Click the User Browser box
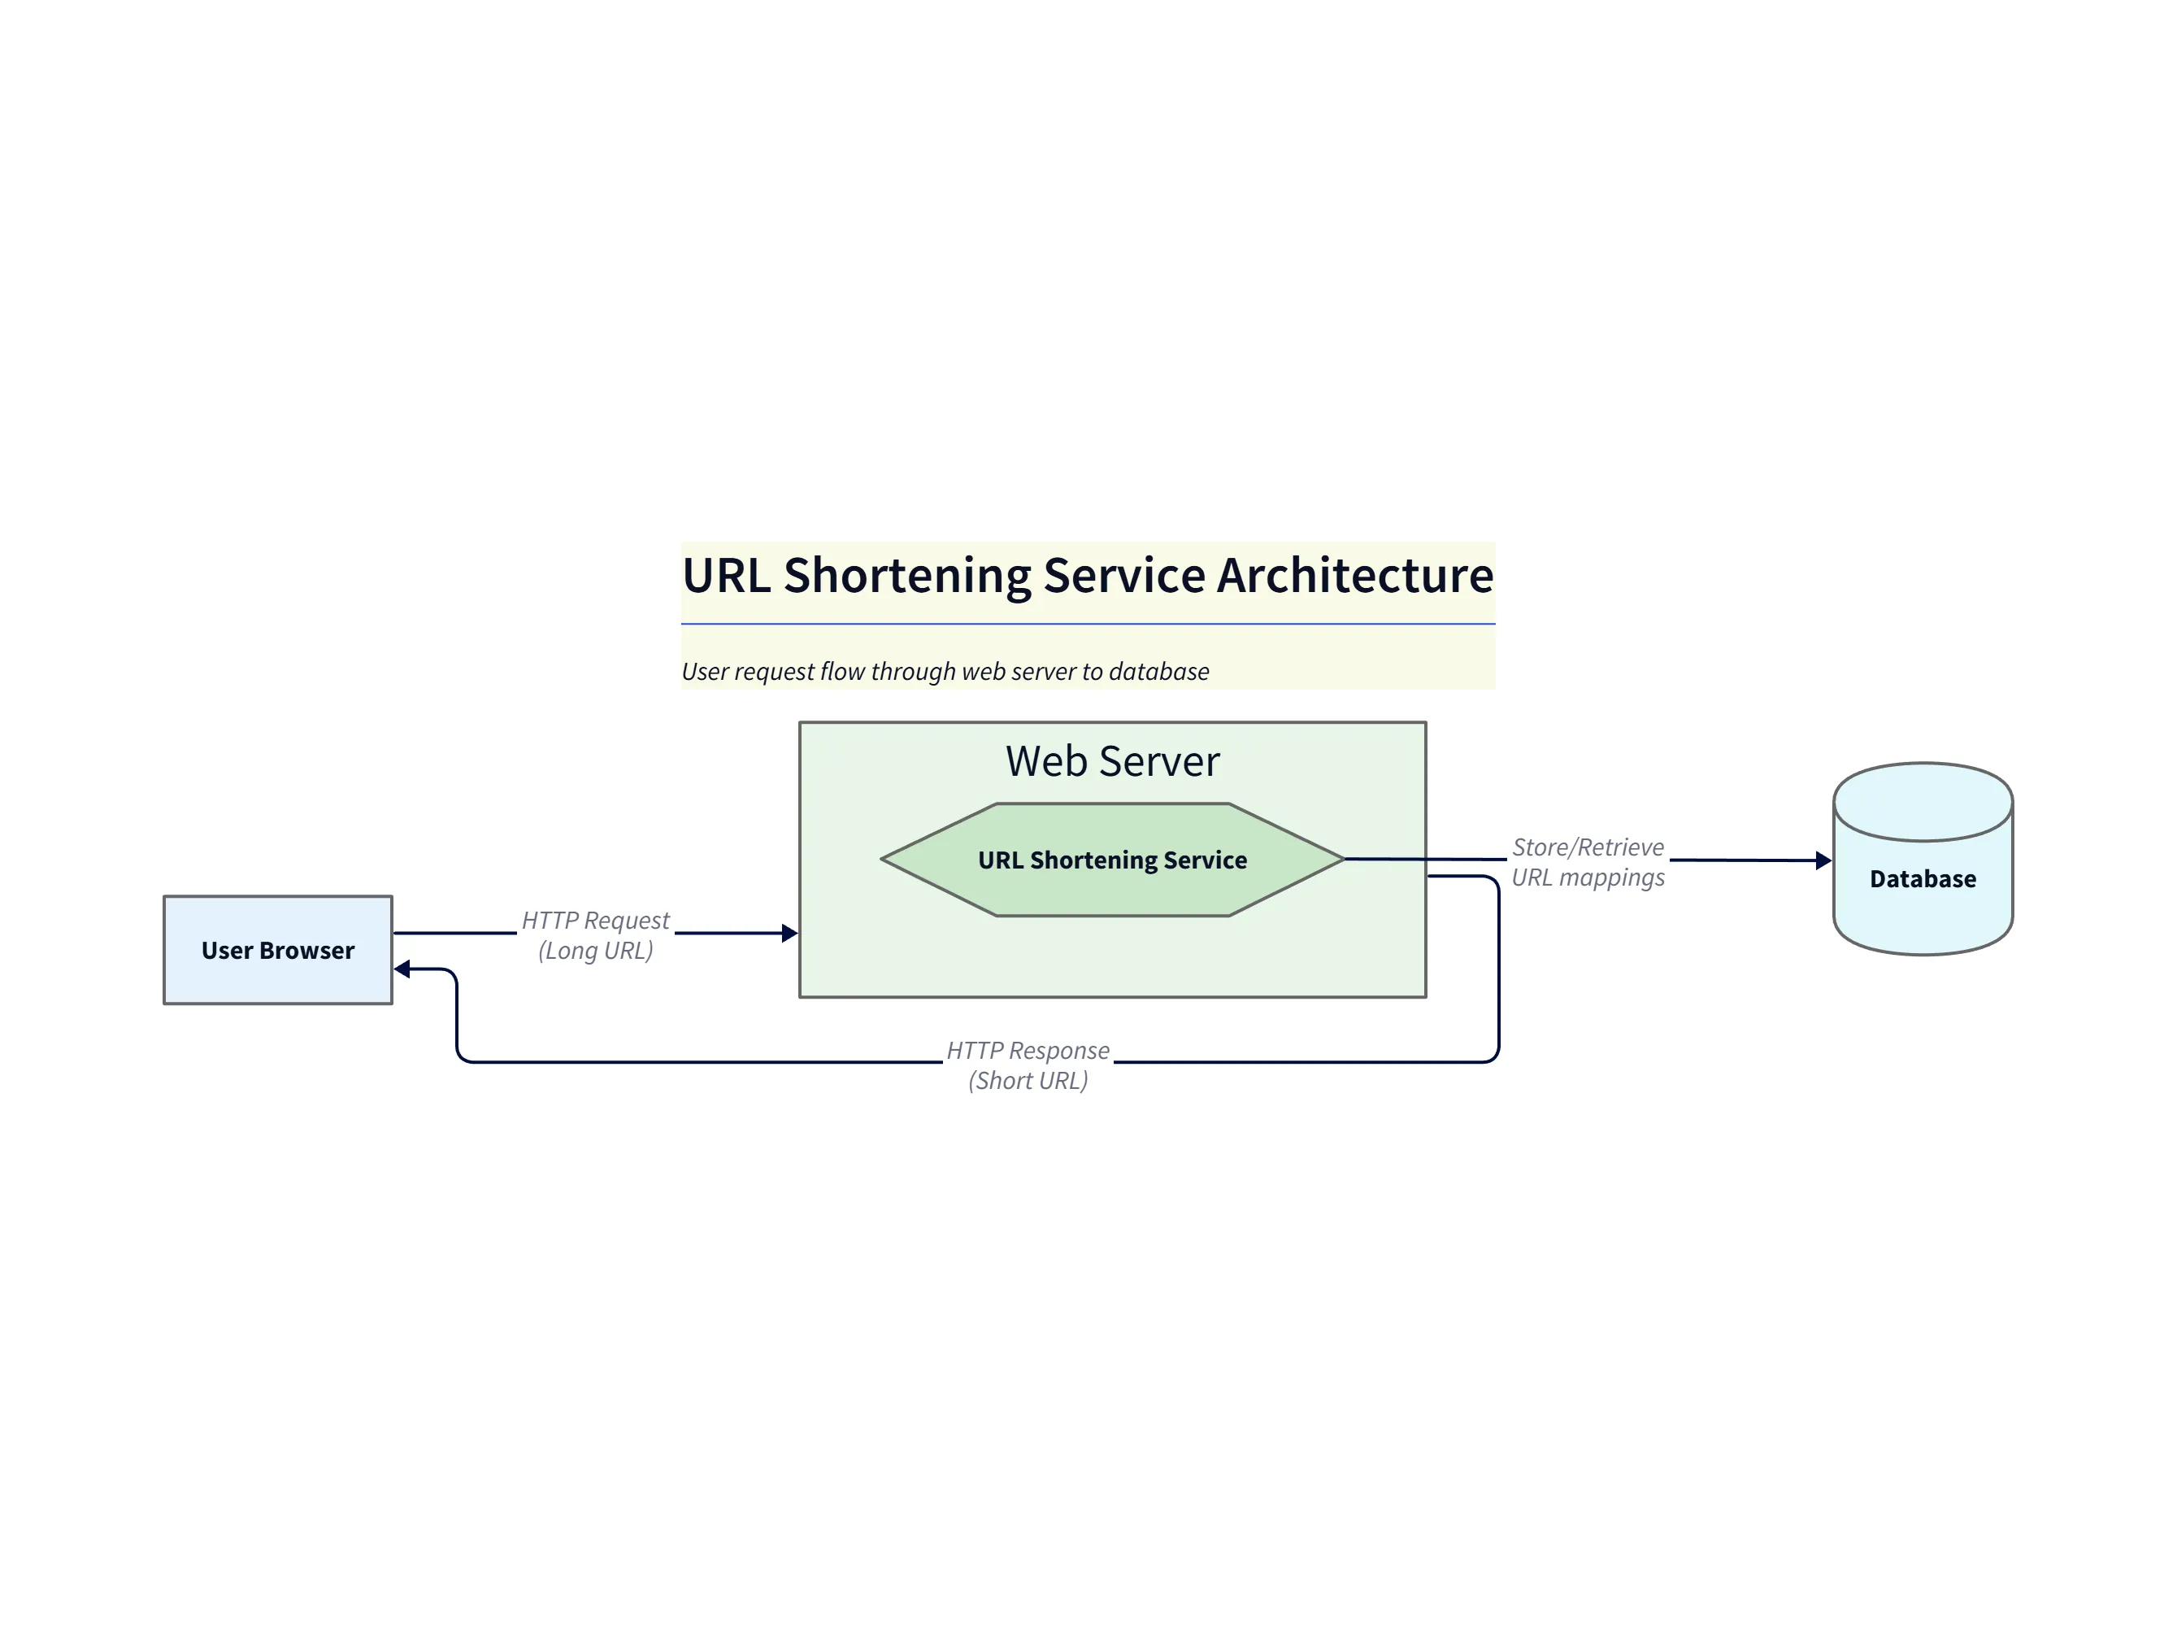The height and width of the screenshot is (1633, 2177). point(277,950)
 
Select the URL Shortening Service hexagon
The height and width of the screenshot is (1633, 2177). point(1112,860)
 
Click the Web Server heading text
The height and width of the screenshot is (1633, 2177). point(1112,761)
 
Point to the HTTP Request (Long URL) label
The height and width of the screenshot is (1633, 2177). point(595,935)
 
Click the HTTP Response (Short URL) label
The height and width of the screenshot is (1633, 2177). point(1028,1065)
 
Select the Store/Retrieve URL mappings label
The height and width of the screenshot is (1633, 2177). point(1588,861)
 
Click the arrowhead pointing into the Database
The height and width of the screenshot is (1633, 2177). point(1823,860)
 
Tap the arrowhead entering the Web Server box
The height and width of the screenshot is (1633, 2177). point(789,933)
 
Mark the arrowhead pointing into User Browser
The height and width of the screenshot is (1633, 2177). point(402,969)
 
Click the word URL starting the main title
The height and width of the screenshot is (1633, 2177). point(725,576)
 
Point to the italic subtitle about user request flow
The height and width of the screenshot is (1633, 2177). point(945,671)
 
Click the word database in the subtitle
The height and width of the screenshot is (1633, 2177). point(1158,671)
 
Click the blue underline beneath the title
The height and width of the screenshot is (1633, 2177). point(1088,624)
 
